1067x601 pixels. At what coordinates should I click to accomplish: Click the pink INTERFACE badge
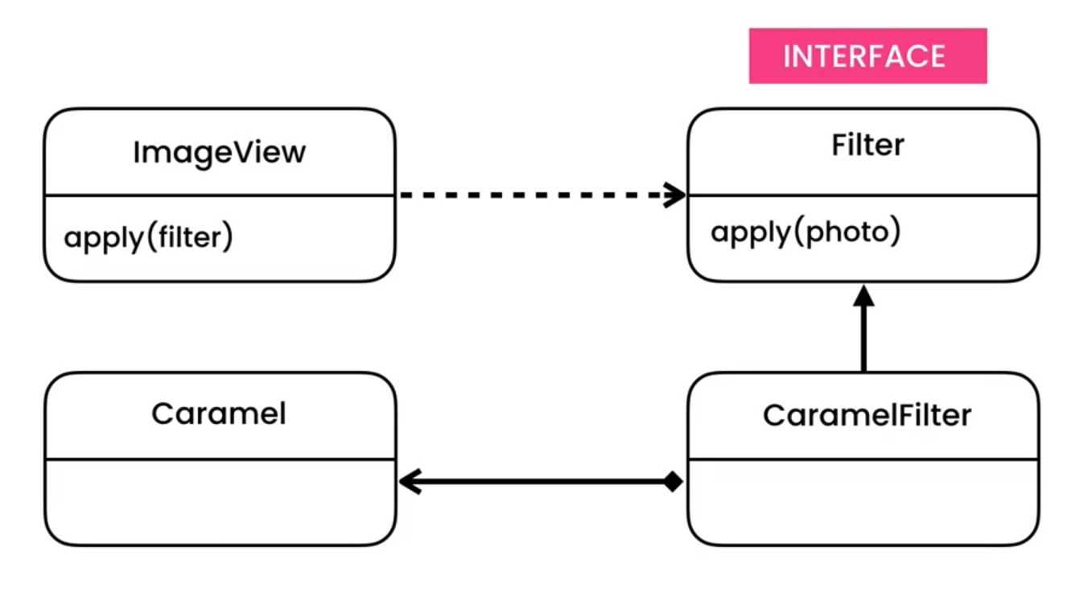click(x=867, y=56)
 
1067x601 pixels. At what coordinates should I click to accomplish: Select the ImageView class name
click(x=219, y=152)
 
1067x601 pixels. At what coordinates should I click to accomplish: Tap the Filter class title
click(x=867, y=146)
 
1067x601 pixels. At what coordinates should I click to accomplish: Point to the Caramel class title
click(x=218, y=414)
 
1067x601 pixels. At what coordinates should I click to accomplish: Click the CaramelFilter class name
click(x=867, y=415)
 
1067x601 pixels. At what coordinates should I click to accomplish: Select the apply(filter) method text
click(x=148, y=238)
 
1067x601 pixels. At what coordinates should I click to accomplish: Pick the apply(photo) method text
click(x=805, y=233)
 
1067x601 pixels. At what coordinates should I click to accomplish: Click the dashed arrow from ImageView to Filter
click(x=531, y=195)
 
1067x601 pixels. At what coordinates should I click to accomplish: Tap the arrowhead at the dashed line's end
click(x=675, y=195)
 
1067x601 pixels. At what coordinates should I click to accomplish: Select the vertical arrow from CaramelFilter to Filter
click(x=863, y=338)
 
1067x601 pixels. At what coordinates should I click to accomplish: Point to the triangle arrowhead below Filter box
click(x=863, y=295)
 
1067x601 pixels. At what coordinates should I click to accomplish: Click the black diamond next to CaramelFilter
click(x=673, y=483)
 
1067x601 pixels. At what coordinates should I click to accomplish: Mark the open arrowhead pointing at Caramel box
click(x=409, y=483)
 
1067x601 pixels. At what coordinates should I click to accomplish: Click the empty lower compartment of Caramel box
click(x=219, y=502)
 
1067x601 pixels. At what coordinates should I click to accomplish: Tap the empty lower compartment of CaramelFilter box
click(x=863, y=502)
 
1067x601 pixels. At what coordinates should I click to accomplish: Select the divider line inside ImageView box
click(x=219, y=195)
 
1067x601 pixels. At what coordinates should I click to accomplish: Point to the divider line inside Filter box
click(x=863, y=195)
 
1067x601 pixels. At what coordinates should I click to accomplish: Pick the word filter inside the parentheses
click(x=190, y=238)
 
